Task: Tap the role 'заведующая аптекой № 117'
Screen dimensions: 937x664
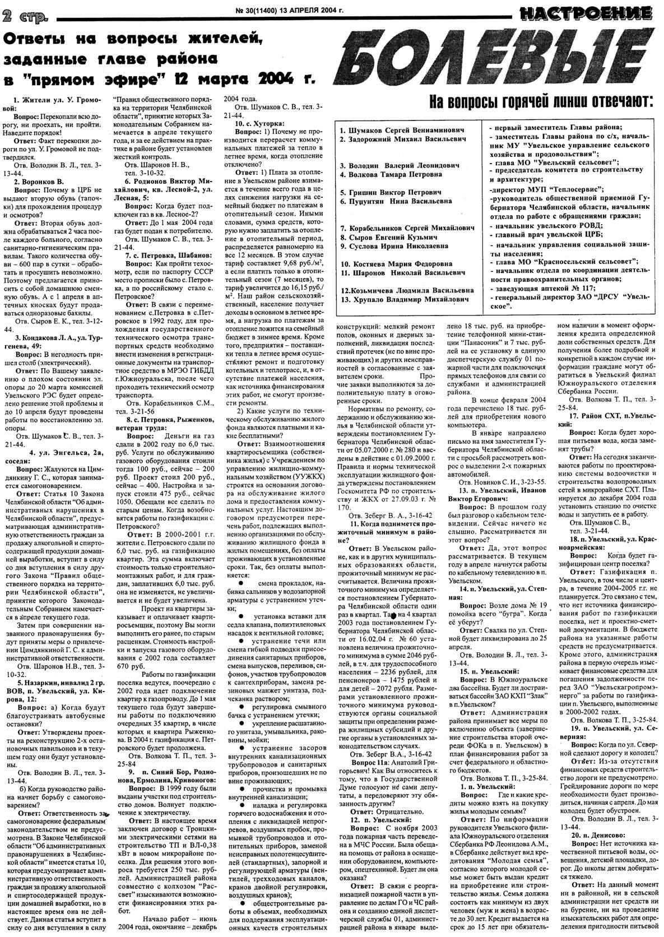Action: click(540, 289)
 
